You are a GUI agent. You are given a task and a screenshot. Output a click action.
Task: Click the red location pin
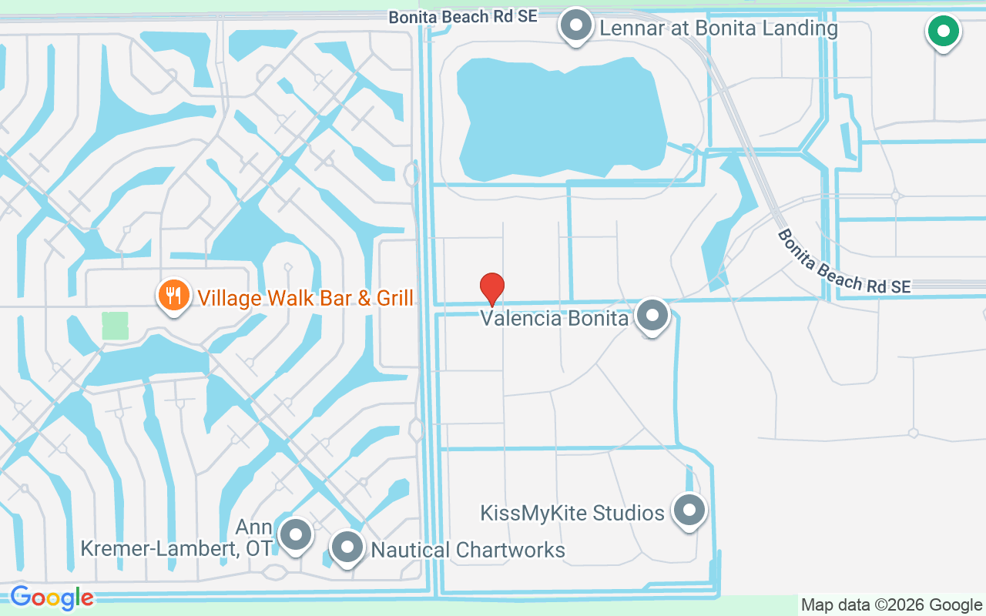point(492,289)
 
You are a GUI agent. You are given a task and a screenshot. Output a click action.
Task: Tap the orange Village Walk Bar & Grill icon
point(174,296)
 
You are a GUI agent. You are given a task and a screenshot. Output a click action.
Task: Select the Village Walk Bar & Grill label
point(306,298)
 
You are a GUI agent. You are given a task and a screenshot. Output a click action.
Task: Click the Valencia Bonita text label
point(555,318)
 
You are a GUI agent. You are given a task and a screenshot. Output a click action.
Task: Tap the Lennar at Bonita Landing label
point(718,29)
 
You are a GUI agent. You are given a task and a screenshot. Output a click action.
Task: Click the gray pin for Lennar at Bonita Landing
point(575,25)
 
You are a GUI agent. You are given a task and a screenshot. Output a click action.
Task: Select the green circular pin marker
point(943,32)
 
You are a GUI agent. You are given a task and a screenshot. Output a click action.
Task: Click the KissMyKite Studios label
point(572,513)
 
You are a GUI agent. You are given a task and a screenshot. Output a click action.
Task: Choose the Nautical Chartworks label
point(468,550)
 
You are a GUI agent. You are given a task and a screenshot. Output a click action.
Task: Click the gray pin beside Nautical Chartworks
point(347,547)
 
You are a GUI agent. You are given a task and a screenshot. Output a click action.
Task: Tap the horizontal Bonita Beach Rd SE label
point(462,17)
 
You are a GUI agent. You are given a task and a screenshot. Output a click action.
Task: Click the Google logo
point(52,598)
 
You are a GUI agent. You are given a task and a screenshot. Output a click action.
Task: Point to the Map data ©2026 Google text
point(891,605)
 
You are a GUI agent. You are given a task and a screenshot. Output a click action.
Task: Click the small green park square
point(115,326)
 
